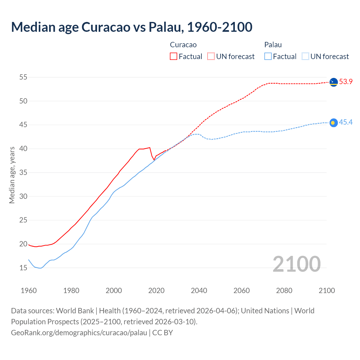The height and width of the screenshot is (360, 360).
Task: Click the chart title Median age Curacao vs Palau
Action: pos(132,27)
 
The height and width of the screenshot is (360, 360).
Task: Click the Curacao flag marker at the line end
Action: pos(334,82)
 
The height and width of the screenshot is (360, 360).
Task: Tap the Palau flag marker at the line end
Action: pos(333,123)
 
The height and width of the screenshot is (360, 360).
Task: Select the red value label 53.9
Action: pos(346,82)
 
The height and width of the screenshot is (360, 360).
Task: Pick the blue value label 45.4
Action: pos(346,122)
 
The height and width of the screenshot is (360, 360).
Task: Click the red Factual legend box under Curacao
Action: pos(174,57)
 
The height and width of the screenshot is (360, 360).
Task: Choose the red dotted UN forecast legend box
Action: pos(211,57)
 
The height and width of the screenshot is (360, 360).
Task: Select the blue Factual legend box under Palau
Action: pos(268,57)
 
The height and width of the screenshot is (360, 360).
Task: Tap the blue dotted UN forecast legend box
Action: pos(305,57)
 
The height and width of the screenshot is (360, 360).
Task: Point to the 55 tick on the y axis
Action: pos(23,77)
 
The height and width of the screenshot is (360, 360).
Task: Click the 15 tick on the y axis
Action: pos(23,268)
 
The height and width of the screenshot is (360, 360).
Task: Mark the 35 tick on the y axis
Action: pos(23,172)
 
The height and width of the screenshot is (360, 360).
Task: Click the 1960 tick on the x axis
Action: pos(29,291)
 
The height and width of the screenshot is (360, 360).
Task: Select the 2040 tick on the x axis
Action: pos(199,291)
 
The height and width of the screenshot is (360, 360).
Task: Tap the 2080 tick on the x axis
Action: pos(284,291)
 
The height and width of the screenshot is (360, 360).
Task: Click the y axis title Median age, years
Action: pos(12,175)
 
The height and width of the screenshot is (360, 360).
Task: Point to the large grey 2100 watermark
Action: pos(296,264)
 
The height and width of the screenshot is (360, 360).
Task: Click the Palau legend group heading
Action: pos(273,45)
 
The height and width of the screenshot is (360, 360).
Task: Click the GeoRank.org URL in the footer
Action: pos(79,333)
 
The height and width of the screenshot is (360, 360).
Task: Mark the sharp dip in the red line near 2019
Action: pos(154,160)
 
